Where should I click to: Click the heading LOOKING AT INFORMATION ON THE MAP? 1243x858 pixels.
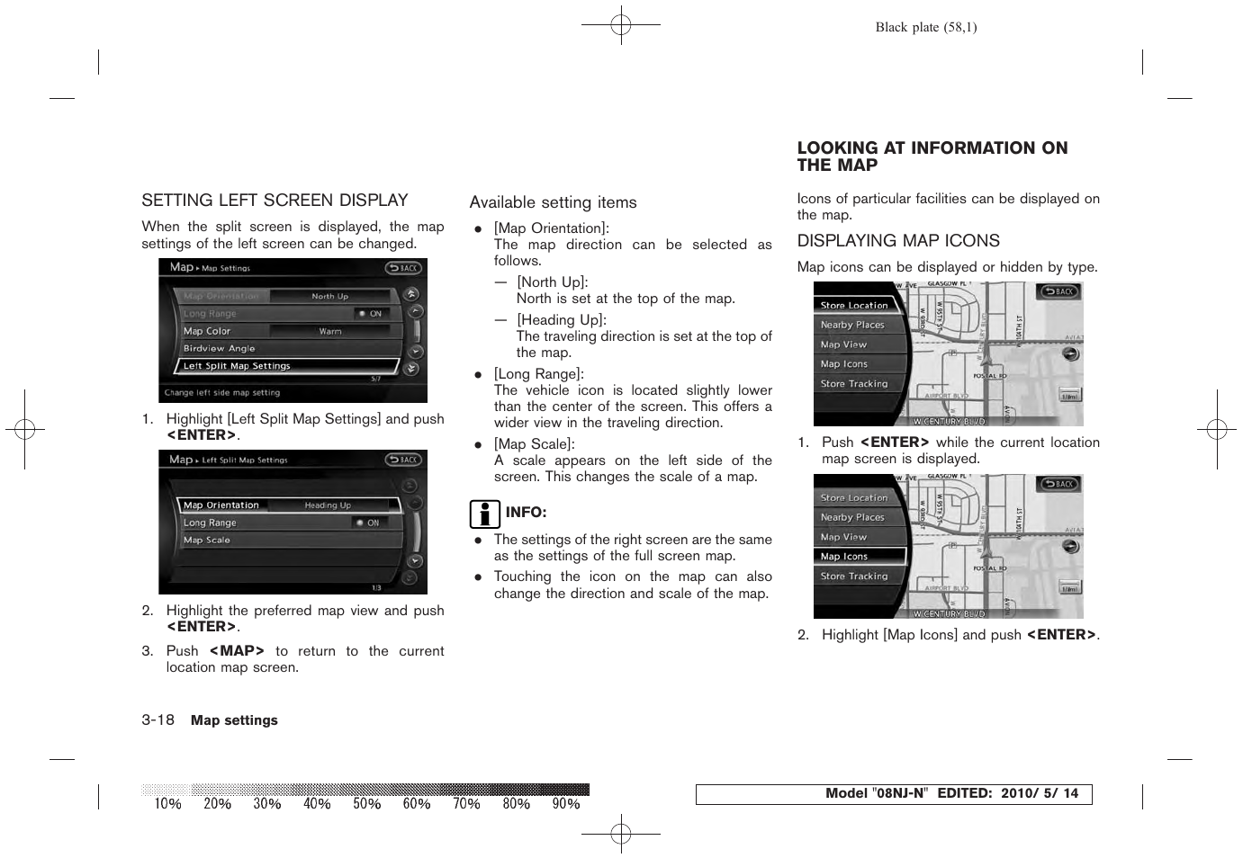(x=932, y=156)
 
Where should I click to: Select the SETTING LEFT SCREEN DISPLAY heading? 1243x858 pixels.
(x=275, y=201)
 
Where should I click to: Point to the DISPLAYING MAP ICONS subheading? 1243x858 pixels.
(x=897, y=241)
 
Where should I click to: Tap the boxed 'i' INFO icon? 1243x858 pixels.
(x=484, y=514)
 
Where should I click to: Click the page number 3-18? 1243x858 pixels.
(x=158, y=720)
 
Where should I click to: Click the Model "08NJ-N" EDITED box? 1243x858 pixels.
(x=893, y=794)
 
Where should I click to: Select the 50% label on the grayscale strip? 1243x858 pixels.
(x=366, y=804)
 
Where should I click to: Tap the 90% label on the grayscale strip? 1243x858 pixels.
(x=565, y=804)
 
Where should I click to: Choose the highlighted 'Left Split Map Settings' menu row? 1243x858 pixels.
(x=285, y=366)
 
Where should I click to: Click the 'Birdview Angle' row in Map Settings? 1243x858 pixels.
(x=220, y=348)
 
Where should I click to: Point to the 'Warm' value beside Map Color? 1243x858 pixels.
(x=330, y=331)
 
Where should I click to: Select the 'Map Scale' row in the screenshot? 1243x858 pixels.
(x=207, y=541)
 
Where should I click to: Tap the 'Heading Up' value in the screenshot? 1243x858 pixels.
(x=328, y=505)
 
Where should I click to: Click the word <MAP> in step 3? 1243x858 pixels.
(x=237, y=651)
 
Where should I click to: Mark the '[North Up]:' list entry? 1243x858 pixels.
(x=552, y=282)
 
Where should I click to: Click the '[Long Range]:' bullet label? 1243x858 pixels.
(x=538, y=374)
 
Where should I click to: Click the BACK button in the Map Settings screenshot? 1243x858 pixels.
(x=404, y=268)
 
